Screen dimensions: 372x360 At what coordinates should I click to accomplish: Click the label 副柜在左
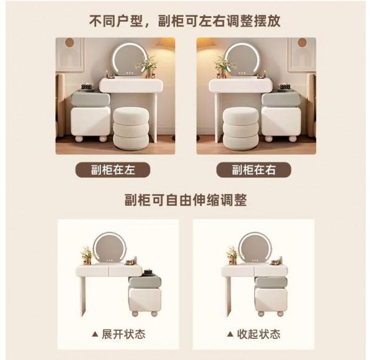click(x=113, y=170)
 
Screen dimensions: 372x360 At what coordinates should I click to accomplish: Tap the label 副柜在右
click(x=254, y=170)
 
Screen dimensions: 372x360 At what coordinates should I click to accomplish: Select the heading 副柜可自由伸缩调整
click(x=186, y=200)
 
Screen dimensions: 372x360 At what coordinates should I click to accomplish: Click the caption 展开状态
click(x=123, y=334)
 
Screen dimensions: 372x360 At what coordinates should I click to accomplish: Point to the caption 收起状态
click(x=259, y=334)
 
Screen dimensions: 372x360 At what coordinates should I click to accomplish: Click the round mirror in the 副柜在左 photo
click(x=128, y=59)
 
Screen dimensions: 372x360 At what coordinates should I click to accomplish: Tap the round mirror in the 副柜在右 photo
click(x=241, y=59)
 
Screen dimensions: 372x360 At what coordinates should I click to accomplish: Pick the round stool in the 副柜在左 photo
click(x=131, y=128)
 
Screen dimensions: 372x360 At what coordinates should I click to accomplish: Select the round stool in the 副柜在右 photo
click(x=241, y=128)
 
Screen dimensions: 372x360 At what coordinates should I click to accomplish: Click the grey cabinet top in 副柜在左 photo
click(x=91, y=99)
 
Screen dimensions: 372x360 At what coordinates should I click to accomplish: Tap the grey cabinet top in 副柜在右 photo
click(x=281, y=100)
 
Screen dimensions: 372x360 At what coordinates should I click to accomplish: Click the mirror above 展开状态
click(x=109, y=248)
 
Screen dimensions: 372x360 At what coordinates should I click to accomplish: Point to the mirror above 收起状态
click(x=255, y=248)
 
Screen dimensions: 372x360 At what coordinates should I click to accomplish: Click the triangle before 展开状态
click(x=95, y=334)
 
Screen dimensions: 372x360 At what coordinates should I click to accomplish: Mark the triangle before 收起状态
click(x=230, y=334)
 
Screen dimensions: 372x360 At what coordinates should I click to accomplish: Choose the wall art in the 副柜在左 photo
click(x=70, y=55)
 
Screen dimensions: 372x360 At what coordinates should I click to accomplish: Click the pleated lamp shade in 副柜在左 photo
click(x=166, y=44)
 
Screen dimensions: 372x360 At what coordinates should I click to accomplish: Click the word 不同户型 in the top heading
click(x=116, y=20)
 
